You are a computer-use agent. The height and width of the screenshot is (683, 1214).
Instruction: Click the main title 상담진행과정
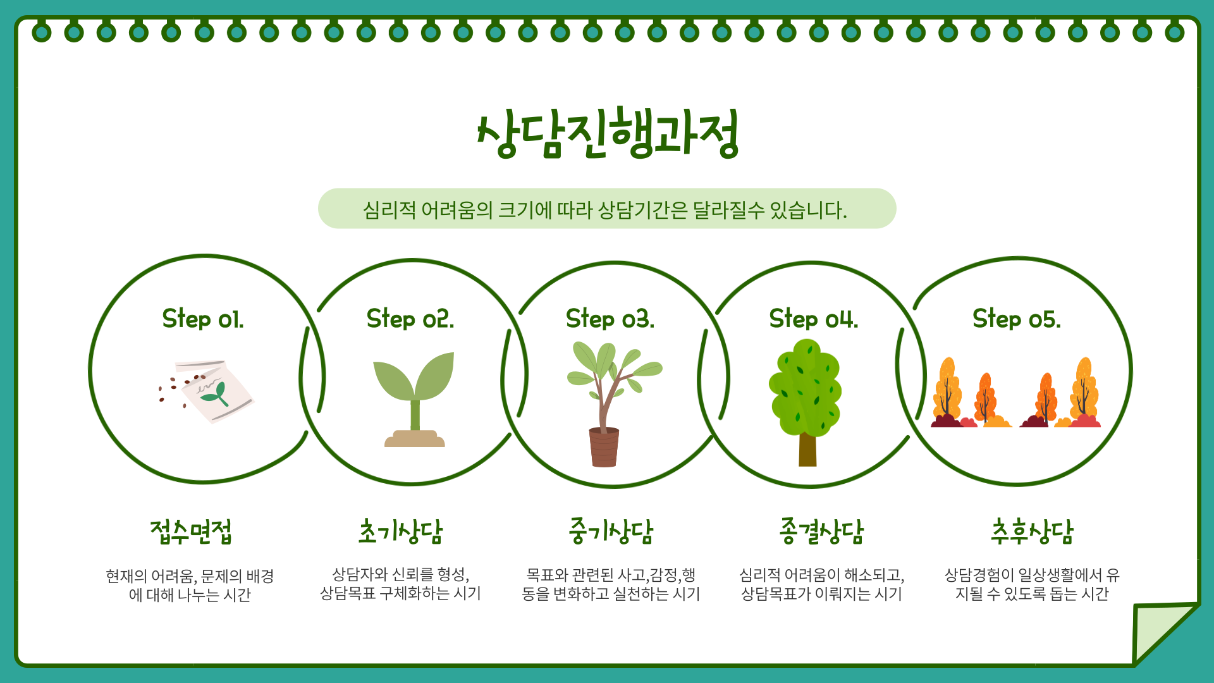608,133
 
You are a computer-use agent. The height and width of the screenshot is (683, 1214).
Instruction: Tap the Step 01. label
203,319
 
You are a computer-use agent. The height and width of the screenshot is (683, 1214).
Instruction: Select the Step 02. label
410,319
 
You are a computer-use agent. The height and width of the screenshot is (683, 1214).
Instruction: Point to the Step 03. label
610,319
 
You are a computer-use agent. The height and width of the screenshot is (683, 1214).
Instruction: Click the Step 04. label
814,319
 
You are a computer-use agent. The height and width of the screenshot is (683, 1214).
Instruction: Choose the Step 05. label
1017,319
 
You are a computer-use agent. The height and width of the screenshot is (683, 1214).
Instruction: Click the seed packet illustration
215,391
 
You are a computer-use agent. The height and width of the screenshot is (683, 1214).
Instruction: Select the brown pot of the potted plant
604,447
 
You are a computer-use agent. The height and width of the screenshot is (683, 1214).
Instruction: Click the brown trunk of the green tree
807,450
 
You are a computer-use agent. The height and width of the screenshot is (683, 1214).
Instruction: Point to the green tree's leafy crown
805,387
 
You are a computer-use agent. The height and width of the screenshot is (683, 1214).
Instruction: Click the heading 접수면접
191,532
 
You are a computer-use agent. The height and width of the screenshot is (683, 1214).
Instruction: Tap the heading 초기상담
401,532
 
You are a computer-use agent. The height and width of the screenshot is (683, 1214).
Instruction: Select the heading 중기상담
611,532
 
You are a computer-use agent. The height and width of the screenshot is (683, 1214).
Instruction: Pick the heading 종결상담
821,532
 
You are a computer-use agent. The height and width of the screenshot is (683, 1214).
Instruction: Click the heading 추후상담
1032,532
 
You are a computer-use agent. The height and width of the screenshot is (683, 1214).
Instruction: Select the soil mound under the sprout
415,439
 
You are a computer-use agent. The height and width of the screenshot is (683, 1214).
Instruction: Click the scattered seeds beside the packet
180,386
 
